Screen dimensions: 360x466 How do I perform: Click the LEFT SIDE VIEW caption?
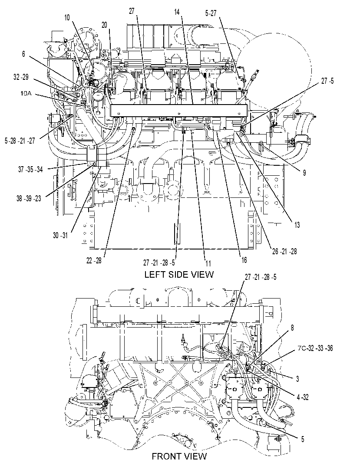179,274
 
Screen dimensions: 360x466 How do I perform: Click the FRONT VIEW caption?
179,456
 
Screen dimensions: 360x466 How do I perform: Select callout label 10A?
26,94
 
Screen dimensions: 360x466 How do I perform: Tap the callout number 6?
23,54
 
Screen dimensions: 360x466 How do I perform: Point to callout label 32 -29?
21,77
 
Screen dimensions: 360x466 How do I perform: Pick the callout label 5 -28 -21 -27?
20,141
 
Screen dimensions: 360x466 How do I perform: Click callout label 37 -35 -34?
30,169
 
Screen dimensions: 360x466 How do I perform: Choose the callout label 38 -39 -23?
29,198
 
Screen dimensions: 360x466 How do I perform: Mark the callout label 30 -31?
60,235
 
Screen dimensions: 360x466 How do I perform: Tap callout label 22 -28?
94,260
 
